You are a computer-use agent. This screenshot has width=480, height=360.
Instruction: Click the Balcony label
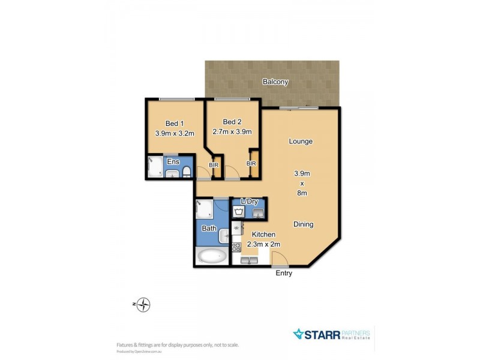tap(275, 82)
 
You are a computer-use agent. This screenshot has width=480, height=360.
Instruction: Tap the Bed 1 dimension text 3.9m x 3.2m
tap(175, 133)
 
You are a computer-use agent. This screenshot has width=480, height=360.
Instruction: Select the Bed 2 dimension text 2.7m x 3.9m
tap(232, 132)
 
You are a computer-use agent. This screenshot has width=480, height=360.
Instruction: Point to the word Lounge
tap(301, 142)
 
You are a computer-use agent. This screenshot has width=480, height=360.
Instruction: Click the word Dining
tap(303, 224)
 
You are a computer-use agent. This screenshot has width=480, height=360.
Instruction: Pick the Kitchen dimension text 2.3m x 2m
tap(263, 244)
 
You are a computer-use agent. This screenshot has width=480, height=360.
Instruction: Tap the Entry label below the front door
tap(283, 274)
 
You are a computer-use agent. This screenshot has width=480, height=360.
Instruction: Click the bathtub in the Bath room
tap(212, 257)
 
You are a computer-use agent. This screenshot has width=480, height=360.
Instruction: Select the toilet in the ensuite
tap(186, 173)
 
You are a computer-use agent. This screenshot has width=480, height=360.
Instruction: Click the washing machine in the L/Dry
tap(239, 212)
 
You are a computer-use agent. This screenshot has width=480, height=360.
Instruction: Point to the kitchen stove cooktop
tap(236, 247)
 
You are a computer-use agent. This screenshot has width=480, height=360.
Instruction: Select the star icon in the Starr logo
tap(299, 334)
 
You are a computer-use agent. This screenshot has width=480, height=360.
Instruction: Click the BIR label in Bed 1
tap(213, 164)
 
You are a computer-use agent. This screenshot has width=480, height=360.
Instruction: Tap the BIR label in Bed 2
tap(251, 163)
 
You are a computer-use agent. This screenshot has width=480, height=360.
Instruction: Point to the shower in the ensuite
tap(155, 167)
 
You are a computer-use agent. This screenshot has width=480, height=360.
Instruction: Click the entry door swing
tap(280, 259)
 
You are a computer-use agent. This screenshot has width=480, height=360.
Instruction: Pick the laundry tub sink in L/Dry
tap(258, 212)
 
